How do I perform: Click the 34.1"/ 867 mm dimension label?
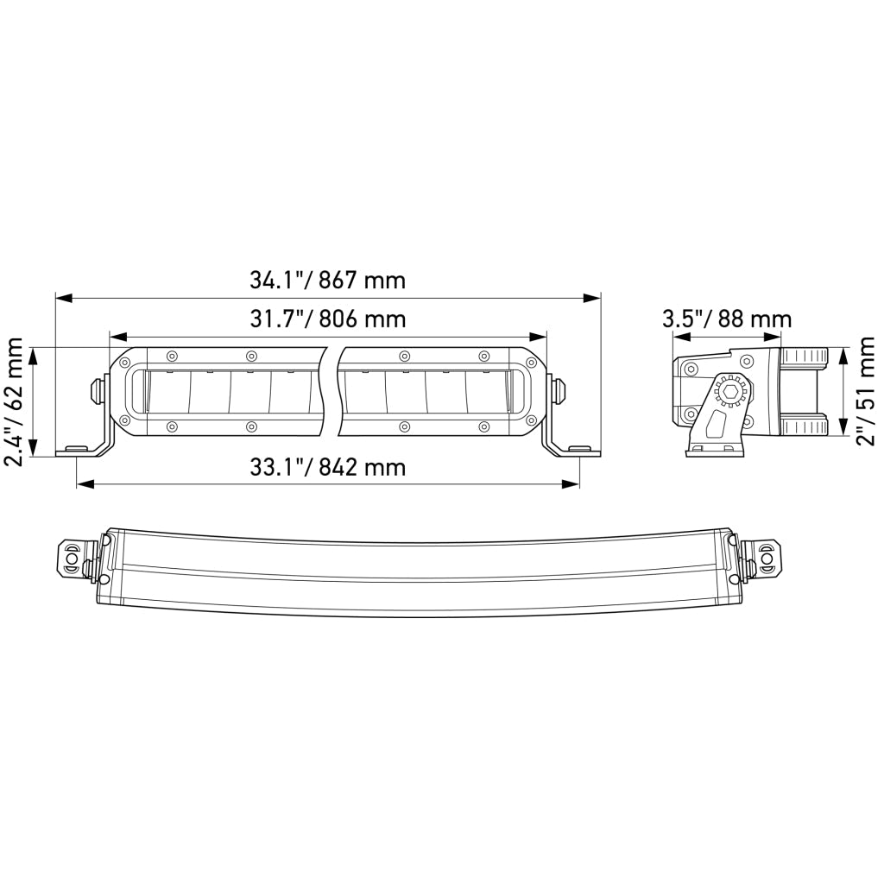[327, 281]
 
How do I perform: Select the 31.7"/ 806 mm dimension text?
[327, 319]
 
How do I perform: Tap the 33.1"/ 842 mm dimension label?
[327, 467]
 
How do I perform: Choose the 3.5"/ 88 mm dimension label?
[727, 319]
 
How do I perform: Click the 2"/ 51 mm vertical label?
[865, 392]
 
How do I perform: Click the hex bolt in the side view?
[729, 391]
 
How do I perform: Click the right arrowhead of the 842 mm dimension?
[571, 483]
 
